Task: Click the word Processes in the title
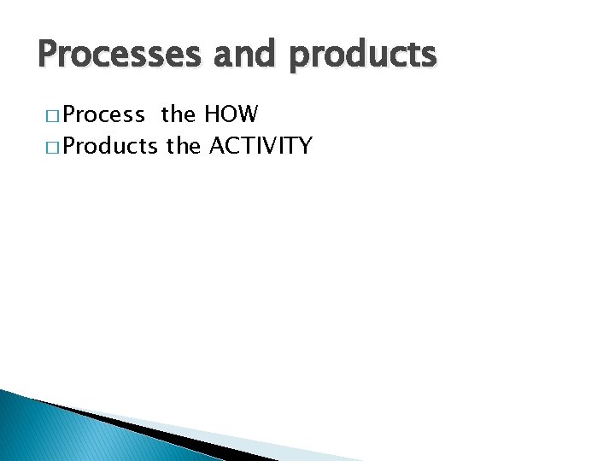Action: tap(112, 55)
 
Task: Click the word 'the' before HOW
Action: tap(178, 114)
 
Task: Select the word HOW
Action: tap(230, 114)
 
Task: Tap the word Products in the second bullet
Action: tap(109, 147)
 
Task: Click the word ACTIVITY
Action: tap(261, 146)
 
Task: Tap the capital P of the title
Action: tap(48, 55)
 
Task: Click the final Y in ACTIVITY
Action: tap(304, 146)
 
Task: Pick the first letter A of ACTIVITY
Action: tap(217, 146)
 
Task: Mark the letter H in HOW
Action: tap(210, 114)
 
